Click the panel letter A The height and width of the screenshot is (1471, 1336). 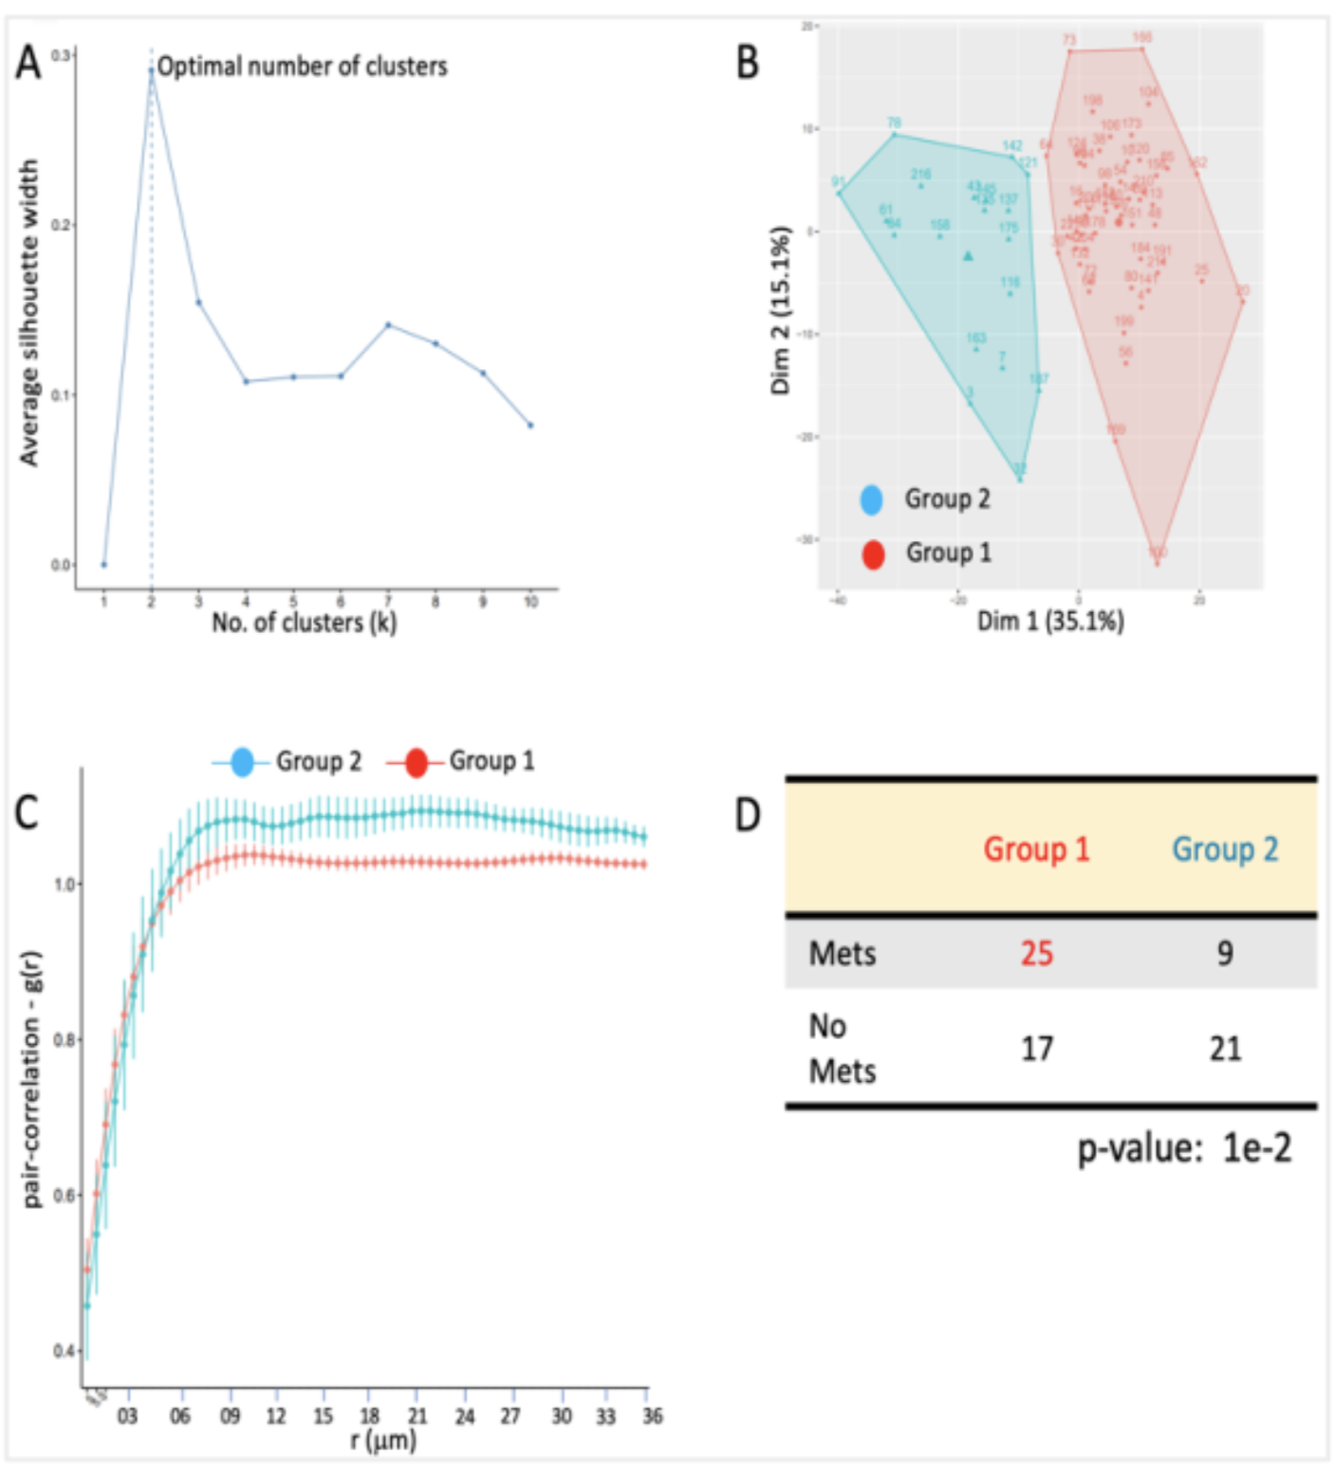tap(28, 64)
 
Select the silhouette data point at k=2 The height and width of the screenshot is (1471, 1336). tap(151, 69)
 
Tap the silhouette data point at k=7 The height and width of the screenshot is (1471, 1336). tap(388, 325)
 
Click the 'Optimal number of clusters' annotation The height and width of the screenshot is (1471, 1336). tap(302, 66)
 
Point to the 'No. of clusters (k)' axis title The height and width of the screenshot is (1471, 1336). tap(304, 623)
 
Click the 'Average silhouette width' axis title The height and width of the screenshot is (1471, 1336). tap(29, 312)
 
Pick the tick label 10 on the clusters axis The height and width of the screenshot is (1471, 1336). tap(530, 602)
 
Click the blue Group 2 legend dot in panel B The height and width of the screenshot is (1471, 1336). tap(871, 499)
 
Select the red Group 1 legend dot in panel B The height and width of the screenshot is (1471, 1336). tap(873, 554)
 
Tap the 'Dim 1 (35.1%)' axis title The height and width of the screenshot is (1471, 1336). tap(1050, 621)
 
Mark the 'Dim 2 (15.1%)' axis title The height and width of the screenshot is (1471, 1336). tap(781, 310)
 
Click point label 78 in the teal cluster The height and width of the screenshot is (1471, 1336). tap(894, 123)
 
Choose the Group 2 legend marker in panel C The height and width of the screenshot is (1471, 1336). tap(242, 761)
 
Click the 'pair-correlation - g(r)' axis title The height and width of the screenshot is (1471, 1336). tap(33, 1079)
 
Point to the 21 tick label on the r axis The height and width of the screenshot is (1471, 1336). tap(417, 1416)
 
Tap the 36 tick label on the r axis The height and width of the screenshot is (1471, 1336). tap(652, 1416)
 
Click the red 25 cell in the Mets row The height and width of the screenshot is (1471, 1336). tap(1036, 953)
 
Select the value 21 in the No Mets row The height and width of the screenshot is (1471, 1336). tap(1225, 1049)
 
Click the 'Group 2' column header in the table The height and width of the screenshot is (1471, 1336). tap(1225, 848)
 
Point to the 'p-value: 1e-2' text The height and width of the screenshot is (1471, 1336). tap(1184, 1149)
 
